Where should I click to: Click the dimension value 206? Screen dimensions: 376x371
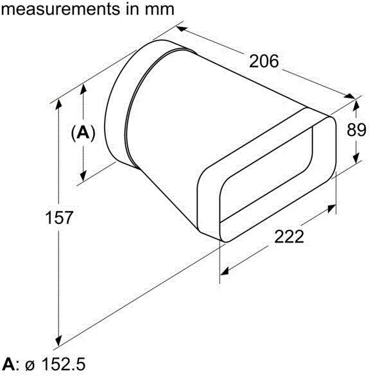(264, 62)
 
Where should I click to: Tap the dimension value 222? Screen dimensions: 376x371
(289, 236)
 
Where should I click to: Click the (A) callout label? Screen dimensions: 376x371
(83, 133)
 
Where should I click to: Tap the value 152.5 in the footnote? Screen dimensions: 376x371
(62, 366)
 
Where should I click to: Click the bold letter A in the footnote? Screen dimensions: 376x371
(7, 366)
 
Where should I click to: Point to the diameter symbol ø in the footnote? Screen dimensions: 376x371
(30, 366)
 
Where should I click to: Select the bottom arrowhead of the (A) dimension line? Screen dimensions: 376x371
(83, 178)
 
